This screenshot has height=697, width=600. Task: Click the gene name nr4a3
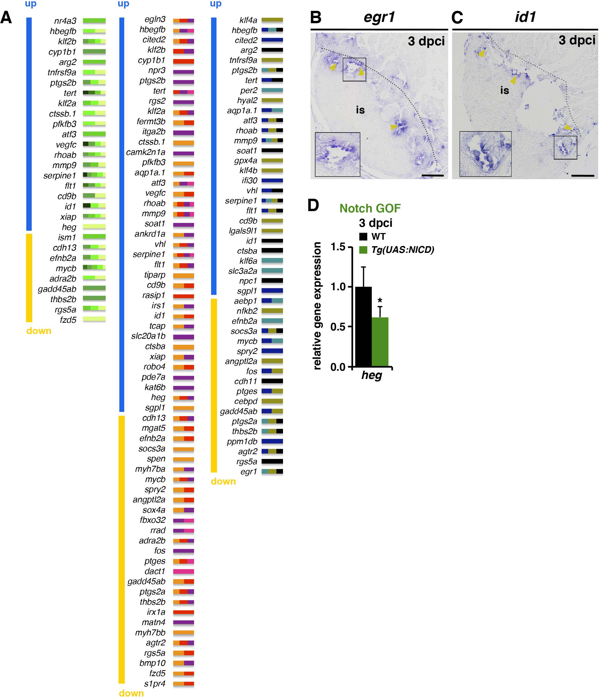coord(65,21)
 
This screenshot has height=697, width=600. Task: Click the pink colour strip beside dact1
coord(183,571)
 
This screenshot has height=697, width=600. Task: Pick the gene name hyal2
coord(247,100)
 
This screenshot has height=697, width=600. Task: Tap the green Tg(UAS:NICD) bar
coord(380,342)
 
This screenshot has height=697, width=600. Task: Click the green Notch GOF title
coord(370,209)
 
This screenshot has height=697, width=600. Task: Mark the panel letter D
coord(313,205)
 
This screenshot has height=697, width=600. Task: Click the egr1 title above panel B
coord(379,17)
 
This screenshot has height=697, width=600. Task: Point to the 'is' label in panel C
coord(504,90)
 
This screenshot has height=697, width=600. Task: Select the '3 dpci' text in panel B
coord(426,42)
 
